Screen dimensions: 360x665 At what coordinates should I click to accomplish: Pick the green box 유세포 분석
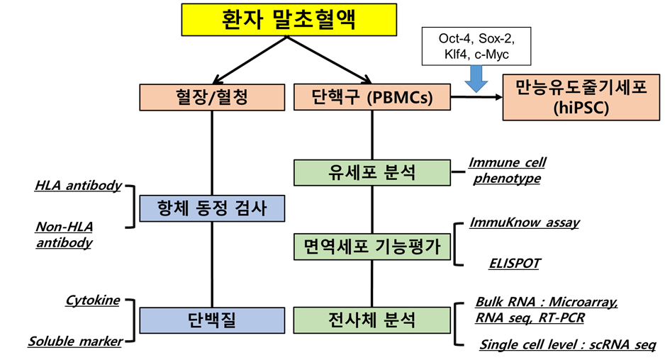tap(372, 172)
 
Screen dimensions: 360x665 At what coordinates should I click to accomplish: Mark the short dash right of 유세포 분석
tap(459, 172)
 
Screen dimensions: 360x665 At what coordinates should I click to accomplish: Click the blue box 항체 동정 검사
tap(212, 208)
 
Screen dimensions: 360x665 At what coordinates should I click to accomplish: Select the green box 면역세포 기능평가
tap(372, 246)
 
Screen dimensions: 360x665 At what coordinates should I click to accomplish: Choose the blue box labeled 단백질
tap(212, 320)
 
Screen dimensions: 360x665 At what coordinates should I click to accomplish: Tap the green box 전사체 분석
tap(372, 320)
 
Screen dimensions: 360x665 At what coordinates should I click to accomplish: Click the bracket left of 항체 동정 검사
tap(131, 207)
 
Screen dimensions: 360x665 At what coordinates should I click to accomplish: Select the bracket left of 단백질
tap(131, 321)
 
